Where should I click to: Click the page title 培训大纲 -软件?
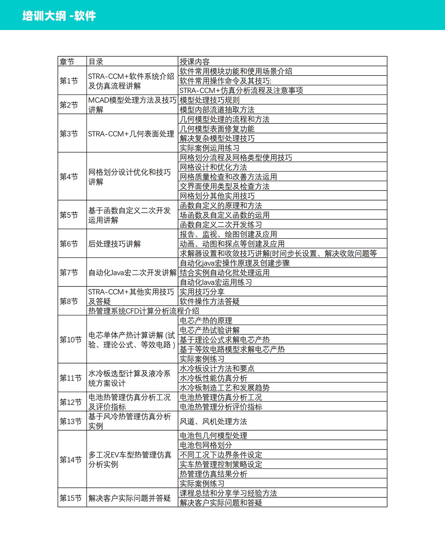point(59,16)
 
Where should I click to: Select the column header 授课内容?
point(195,62)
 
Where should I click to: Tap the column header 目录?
point(96,62)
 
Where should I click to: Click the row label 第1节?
point(69,81)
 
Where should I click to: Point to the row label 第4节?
point(69,177)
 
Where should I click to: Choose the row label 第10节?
point(70,339)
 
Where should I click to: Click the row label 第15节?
point(70,498)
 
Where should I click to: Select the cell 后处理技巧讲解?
point(115,244)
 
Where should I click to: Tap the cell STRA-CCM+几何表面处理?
point(131,134)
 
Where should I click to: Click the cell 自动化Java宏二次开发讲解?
point(132,273)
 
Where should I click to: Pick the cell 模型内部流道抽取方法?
point(217,110)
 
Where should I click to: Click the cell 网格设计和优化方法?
point(213,167)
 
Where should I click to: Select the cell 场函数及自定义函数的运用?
point(224,215)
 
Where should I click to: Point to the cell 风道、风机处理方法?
point(213,421)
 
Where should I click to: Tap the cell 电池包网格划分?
point(206,445)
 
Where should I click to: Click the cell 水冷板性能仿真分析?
point(213,378)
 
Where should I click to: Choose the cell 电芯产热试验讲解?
point(210,330)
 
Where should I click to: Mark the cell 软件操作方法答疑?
point(210,301)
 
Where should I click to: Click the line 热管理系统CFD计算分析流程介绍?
point(144,311)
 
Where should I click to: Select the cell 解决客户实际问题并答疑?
point(129,498)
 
